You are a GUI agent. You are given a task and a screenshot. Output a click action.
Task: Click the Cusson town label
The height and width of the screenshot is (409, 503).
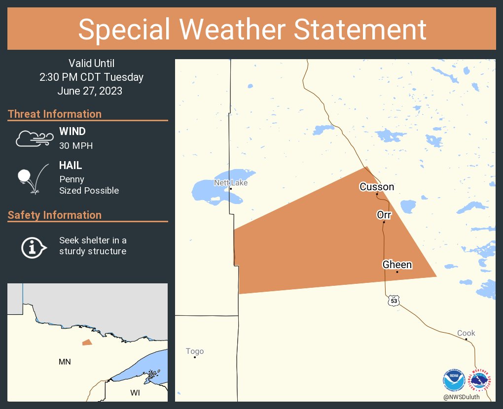(377, 187)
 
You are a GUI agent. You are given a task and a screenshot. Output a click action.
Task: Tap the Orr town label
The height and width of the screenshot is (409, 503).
(384, 215)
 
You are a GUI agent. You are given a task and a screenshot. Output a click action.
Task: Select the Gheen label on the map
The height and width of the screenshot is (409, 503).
(397, 265)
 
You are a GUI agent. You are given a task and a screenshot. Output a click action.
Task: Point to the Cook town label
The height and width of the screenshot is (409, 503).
(466, 333)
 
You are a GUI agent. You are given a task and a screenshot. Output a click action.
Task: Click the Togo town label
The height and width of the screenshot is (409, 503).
(195, 351)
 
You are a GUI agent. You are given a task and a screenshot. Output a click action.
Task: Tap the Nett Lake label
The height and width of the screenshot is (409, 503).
(231, 183)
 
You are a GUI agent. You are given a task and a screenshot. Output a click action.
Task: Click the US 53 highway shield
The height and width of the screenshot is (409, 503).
(393, 300)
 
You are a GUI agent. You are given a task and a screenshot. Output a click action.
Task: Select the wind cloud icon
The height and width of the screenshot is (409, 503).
(34, 139)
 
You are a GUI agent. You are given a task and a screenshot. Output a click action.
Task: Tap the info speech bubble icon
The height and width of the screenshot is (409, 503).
(33, 247)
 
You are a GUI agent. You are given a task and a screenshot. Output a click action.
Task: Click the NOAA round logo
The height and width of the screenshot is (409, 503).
(453, 381)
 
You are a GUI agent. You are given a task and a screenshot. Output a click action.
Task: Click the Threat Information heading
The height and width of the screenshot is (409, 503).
(55, 114)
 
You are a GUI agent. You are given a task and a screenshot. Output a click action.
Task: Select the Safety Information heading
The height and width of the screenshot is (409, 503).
(55, 215)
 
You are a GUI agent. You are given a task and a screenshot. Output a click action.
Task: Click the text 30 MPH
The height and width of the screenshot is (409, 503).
(76, 146)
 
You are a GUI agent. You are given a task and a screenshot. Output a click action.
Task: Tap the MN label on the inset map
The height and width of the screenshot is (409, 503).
(65, 362)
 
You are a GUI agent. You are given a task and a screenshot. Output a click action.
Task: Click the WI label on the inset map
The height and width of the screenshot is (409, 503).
(135, 393)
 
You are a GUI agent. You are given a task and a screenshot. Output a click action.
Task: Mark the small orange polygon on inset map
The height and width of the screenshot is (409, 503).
(87, 342)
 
